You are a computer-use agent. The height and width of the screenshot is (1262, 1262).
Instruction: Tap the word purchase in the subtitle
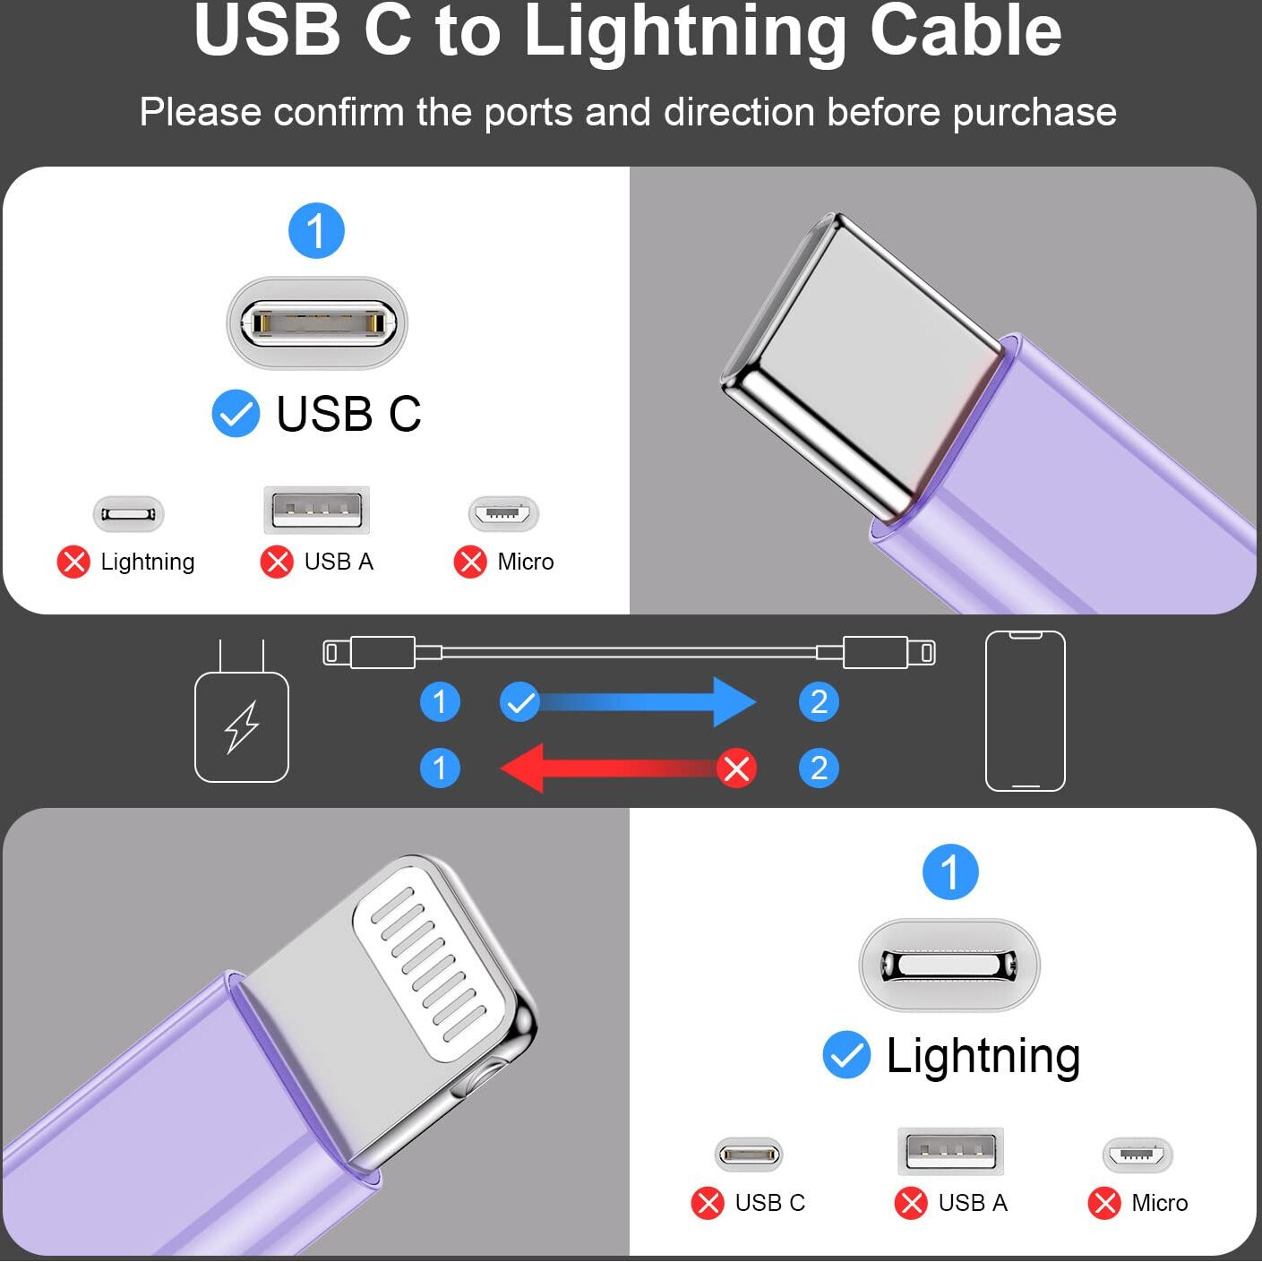[1034, 113]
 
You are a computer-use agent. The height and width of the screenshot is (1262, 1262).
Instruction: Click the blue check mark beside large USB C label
[236, 413]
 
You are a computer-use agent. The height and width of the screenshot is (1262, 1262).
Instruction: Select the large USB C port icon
[317, 322]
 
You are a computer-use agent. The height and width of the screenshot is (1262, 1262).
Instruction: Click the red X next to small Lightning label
[73, 562]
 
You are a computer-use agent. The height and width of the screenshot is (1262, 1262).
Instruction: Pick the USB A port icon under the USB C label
[317, 510]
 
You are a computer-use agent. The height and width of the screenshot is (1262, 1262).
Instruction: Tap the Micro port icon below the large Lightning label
[1138, 1155]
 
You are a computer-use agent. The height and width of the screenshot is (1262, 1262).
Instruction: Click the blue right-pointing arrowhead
[734, 702]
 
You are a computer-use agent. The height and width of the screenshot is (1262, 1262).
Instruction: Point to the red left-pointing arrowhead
[522, 768]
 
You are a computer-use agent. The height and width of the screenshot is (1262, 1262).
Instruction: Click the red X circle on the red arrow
[736, 768]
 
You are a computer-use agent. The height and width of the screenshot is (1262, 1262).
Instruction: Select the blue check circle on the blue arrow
[520, 702]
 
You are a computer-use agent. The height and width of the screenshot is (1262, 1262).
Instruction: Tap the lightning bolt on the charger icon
[242, 727]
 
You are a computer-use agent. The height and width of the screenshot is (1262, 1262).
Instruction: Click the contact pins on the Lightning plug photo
[430, 957]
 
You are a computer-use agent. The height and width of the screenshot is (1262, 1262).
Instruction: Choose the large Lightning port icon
[949, 964]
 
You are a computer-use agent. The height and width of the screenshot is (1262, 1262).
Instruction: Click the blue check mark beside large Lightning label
[846, 1054]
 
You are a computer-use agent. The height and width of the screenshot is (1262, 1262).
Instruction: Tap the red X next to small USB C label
[708, 1203]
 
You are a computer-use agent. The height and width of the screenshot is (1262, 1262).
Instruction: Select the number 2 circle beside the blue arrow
[819, 702]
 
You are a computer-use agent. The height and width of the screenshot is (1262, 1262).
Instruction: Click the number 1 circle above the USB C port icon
[316, 230]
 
